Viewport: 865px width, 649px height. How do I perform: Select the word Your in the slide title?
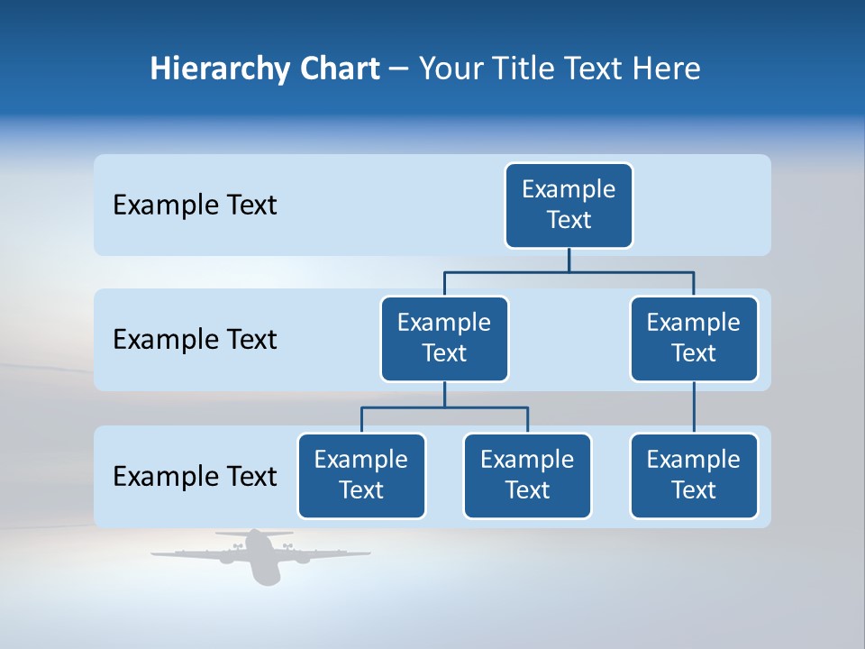451,69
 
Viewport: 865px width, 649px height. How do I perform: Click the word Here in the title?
666,69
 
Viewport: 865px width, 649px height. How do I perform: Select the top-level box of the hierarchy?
569,205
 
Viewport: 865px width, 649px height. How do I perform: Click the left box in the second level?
444,338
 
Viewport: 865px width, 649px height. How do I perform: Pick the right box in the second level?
694,338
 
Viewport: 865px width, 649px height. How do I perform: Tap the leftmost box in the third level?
361,475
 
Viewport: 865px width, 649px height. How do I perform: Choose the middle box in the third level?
527,475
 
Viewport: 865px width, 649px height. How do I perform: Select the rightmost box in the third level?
694,475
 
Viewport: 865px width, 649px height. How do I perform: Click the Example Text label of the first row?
195,206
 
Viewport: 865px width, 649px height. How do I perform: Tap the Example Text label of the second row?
195,340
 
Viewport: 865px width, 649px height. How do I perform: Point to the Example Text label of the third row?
195,476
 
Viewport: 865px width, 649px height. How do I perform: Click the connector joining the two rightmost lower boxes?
694,407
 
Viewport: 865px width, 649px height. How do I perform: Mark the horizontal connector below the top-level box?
569,270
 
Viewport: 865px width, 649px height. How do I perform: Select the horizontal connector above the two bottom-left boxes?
444,407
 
